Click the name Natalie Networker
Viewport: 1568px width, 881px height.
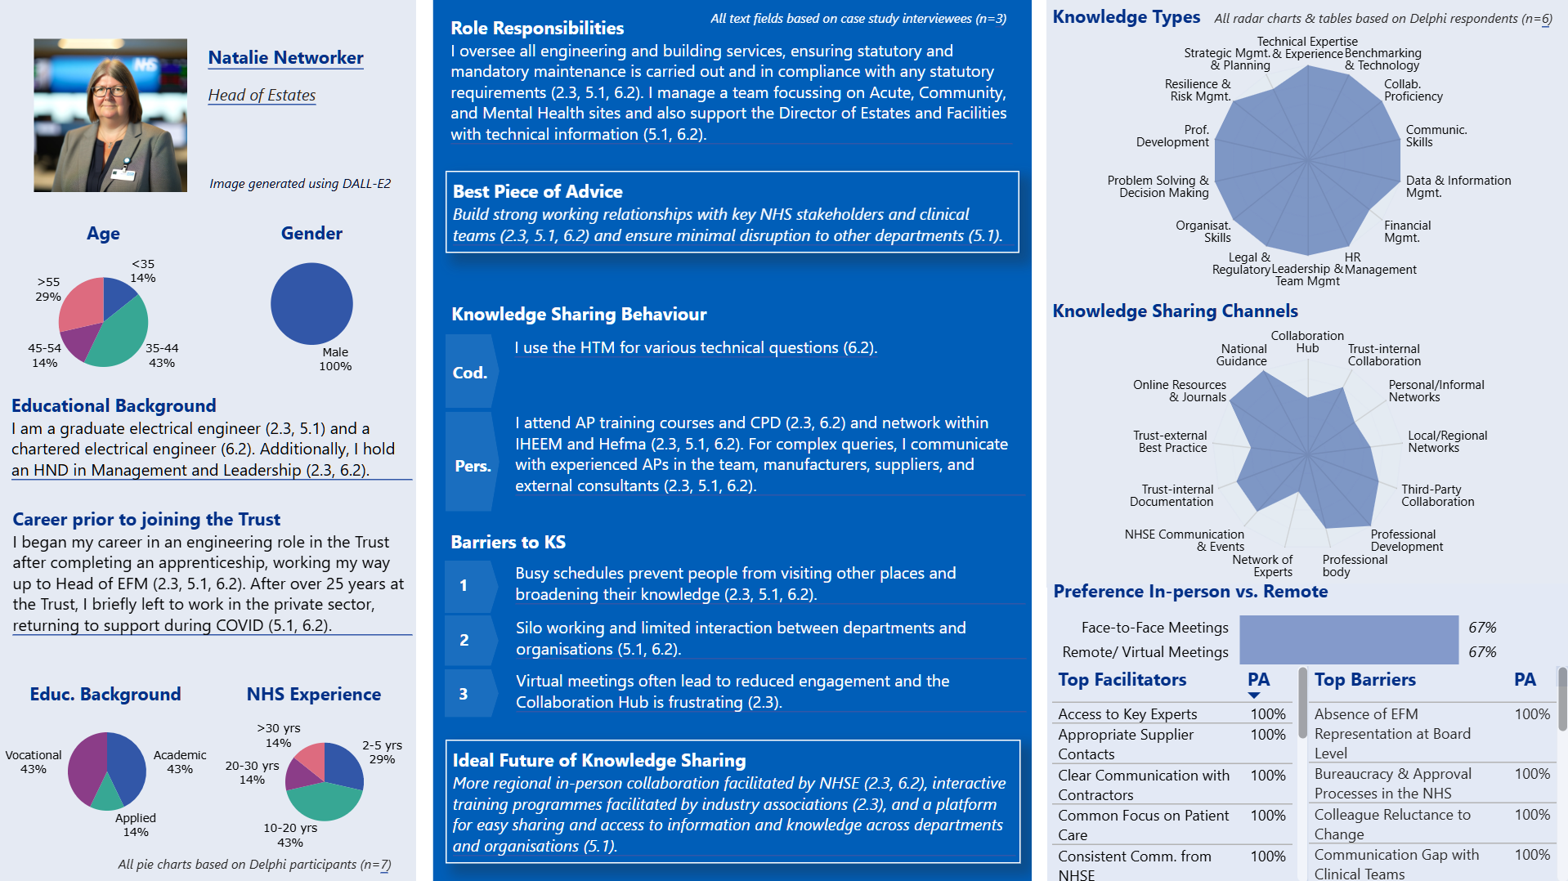(285, 58)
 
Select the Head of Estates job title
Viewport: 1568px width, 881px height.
(262, 96)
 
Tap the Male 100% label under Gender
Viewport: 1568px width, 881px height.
(335, 359)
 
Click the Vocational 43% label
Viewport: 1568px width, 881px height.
(34, 762)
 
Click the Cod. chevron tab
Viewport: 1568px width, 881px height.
(470, 373)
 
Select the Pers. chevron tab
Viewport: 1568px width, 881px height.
(473, 466)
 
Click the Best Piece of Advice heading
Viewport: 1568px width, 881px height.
(537, 192)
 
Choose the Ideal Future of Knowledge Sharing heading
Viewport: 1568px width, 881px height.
(598, 761)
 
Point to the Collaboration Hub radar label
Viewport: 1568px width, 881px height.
(1307, 342)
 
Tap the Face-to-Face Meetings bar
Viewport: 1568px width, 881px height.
(1348, 628)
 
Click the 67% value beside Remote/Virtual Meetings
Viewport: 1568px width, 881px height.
(1482, 652)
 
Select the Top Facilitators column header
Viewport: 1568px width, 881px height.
(1122, 680)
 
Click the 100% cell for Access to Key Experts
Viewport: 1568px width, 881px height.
(1267, 714)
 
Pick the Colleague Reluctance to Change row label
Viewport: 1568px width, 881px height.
(1391, 825)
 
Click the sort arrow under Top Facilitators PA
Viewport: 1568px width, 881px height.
(1254, 695)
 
